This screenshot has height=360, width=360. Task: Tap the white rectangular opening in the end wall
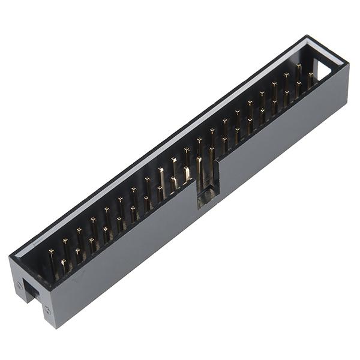click(x=322, y=70)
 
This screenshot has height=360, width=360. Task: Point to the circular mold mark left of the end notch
click(x=20, y=286)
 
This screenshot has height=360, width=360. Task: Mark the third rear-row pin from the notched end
click(x=80, y=235)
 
